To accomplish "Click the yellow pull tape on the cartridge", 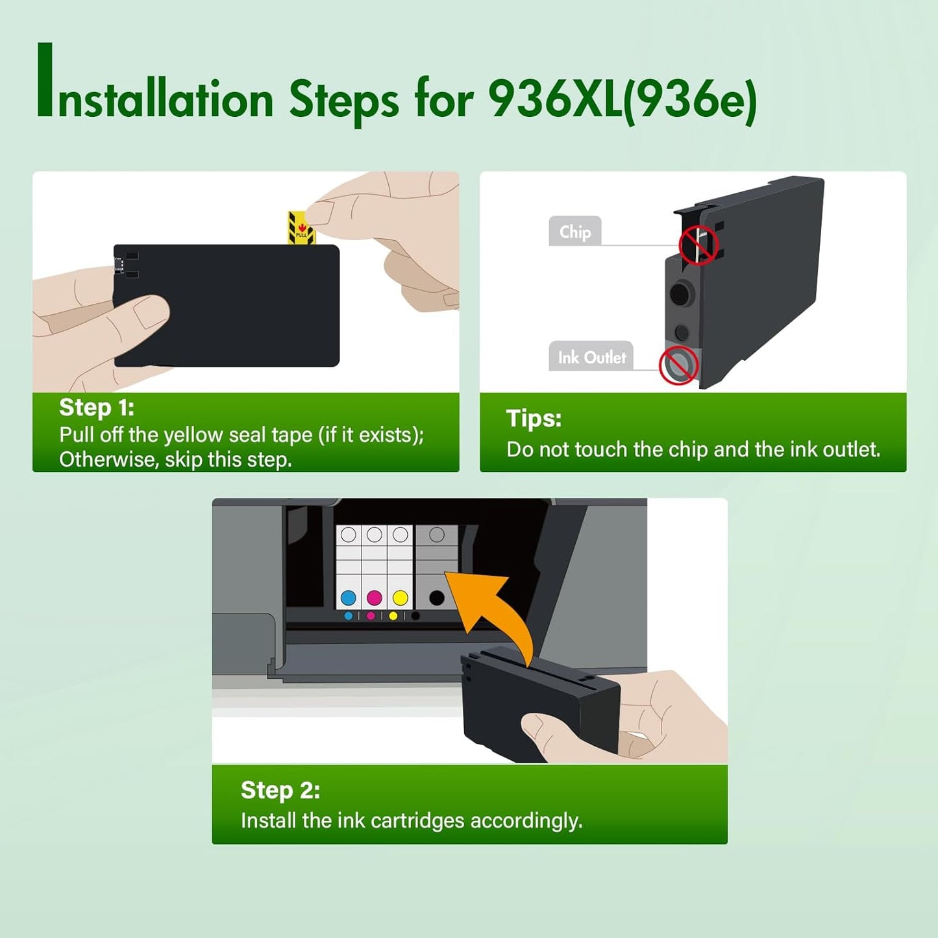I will coord(301,228).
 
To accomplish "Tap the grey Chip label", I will coord(574,232).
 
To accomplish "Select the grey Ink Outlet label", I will coord(591,357).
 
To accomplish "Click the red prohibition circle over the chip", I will coord(698,245).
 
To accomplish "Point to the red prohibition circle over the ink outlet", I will coord(678,365).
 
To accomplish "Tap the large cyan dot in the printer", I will coord(349,597).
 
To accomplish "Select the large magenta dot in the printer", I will coord(375,597).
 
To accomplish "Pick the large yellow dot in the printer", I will coord(401,597).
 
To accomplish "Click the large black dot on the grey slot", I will coord(437,597).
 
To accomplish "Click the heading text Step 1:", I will coord(97,408).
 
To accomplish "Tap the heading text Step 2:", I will coord(280,790).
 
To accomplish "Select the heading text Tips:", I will coord(534,419).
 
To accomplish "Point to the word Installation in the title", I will coord(156,97).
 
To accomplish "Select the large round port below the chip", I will coord(680,294).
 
